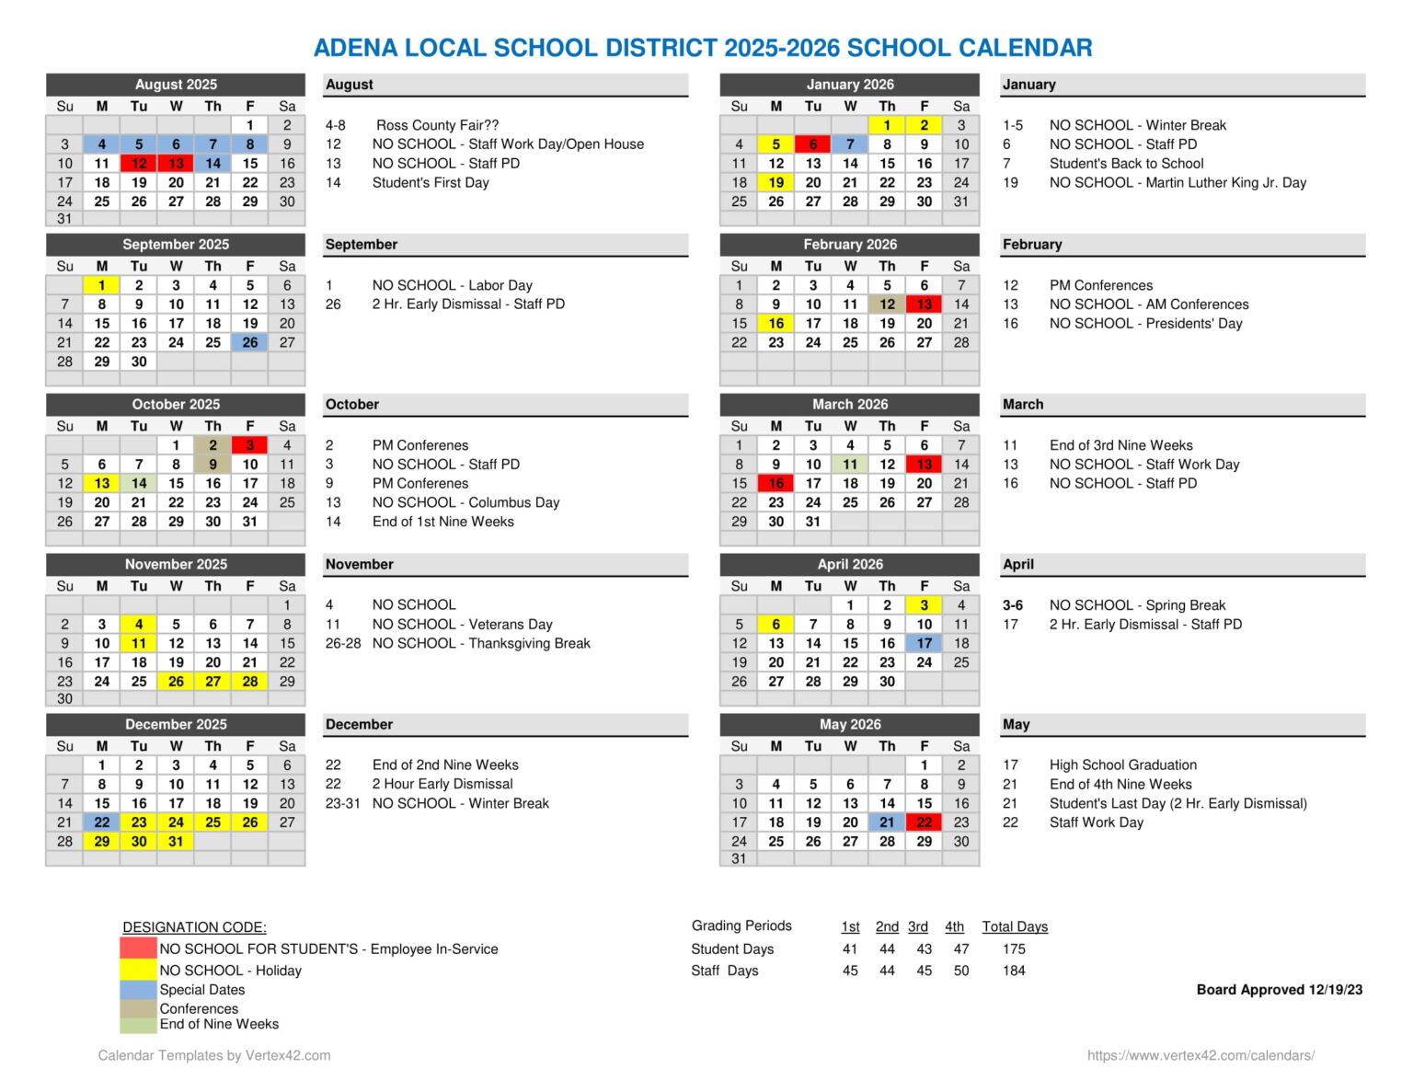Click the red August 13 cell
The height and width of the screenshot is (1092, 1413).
click(x=176, y=164)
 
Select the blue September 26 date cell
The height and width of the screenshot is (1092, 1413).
click(x=250, y=342)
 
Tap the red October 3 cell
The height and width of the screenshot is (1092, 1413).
click(x=250, y=445)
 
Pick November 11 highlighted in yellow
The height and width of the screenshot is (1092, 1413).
click(x=139, y=643)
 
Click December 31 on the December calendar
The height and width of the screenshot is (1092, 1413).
click(x=176, y=841)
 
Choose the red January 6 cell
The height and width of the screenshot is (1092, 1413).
click(x=813, y=144)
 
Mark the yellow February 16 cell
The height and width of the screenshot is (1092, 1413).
click(x=776, y=323)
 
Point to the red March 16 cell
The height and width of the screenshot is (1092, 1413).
click(x=776, y=483)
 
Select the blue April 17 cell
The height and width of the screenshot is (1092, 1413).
click(x=925, y=643)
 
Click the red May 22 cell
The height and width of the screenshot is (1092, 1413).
click(x=925, y=822)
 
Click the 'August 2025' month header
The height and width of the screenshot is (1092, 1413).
click(x=176, y=85)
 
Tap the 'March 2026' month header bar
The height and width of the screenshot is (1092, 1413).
click(x=850, y=405)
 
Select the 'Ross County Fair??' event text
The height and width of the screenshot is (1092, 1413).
click(x=437, y=125)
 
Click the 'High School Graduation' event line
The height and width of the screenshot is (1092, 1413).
click(x=1123, y=764)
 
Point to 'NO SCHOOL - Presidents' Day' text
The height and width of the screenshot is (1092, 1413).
click(x=1145, y=323)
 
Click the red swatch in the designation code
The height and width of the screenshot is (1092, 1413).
click(x=138, y=948)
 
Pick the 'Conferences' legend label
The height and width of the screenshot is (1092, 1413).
click(x=199, y=1008)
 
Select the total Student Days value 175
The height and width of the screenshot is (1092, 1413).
click(x=1014, y=948)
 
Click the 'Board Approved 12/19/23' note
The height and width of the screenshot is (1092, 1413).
click(x=1280, y=990)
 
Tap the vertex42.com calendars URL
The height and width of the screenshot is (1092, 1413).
click(x=1200, y=1055)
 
